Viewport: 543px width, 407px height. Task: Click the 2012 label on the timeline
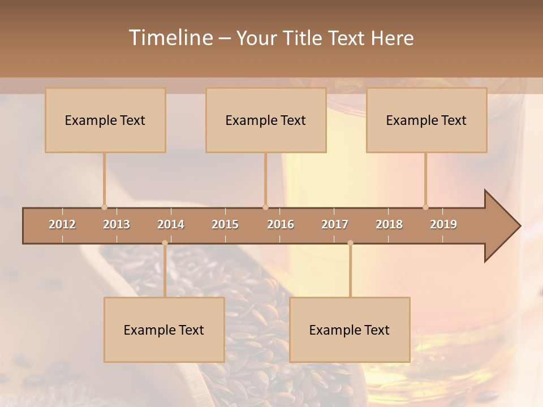point(62,224)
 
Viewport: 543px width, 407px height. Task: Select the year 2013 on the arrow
point(117,224)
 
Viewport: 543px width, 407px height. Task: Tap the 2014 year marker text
point(171,224)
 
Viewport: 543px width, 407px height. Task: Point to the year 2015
point(225,224)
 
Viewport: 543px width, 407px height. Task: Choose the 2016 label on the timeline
point(281,224)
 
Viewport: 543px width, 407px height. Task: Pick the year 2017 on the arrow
point(335,224)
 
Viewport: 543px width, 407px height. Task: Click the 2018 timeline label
point(389,224)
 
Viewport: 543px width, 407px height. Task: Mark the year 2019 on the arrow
point(443,224)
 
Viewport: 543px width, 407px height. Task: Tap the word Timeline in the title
point(170,38)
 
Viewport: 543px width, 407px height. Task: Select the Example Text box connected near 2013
point(105,120)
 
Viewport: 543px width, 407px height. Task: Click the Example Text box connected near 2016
point(266,120)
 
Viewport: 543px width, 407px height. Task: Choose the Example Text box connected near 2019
point(426,120)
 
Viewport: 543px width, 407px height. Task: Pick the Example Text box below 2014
point(164,330)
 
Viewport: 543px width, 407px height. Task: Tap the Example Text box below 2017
point(350,330)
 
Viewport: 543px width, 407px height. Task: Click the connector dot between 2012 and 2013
point(104,207)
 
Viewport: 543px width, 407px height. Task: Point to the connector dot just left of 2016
point(265,207)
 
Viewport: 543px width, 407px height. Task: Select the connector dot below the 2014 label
point(165,243)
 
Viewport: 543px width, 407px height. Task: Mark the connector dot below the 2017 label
point(350,243)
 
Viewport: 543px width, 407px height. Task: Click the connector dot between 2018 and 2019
point(425,207)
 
